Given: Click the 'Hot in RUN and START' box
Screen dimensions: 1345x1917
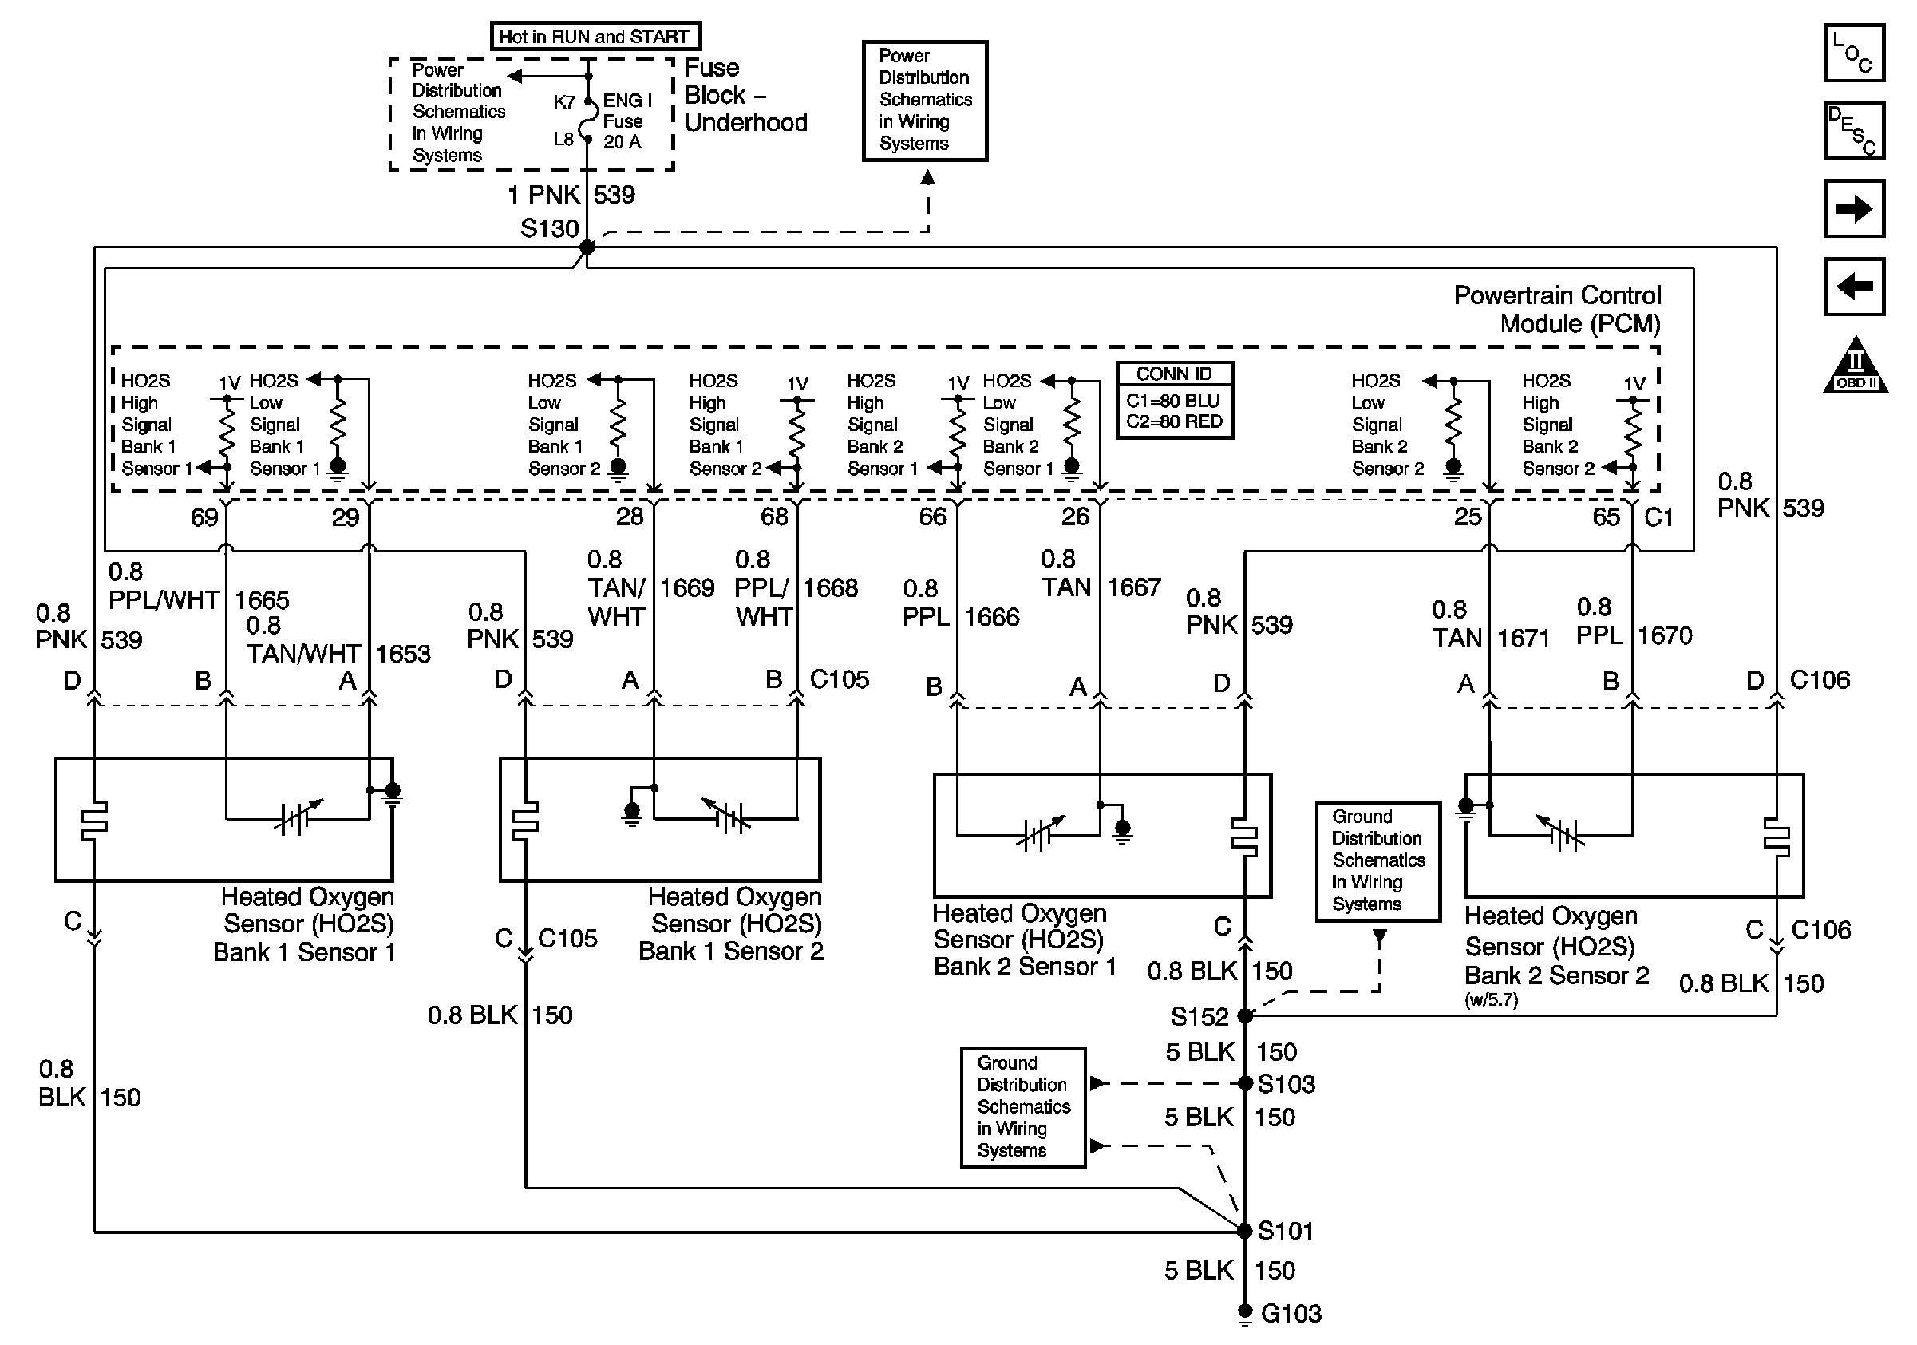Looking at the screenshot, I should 595,36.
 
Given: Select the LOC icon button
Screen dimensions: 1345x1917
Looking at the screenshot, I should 1853,53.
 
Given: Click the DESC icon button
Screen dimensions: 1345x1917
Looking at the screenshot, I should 1853,130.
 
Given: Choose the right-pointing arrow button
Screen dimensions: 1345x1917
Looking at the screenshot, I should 1853,208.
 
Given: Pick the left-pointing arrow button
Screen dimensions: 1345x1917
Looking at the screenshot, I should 1853,287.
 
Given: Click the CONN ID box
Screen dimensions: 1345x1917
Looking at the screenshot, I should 1175,400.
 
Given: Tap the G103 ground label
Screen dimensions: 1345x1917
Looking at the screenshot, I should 1291,1314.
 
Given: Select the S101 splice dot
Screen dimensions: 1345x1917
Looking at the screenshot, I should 1244,1231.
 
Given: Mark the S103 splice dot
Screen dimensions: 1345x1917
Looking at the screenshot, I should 1245,1084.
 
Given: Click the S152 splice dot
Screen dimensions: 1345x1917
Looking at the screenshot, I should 1245,1016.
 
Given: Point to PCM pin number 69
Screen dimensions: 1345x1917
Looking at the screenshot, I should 204,517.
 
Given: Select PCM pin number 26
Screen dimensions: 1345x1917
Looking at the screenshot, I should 1075,516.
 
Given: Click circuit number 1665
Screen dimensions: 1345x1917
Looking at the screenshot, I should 261,600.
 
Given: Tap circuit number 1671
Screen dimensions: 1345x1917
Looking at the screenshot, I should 1523,639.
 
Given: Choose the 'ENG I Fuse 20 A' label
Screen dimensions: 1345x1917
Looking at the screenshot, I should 627,121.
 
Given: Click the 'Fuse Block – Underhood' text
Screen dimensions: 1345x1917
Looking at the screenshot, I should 745,95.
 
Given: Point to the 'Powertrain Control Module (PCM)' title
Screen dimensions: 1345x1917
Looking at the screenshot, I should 1557,309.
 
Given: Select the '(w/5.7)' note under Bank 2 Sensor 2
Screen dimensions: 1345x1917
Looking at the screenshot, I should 1491,1000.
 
